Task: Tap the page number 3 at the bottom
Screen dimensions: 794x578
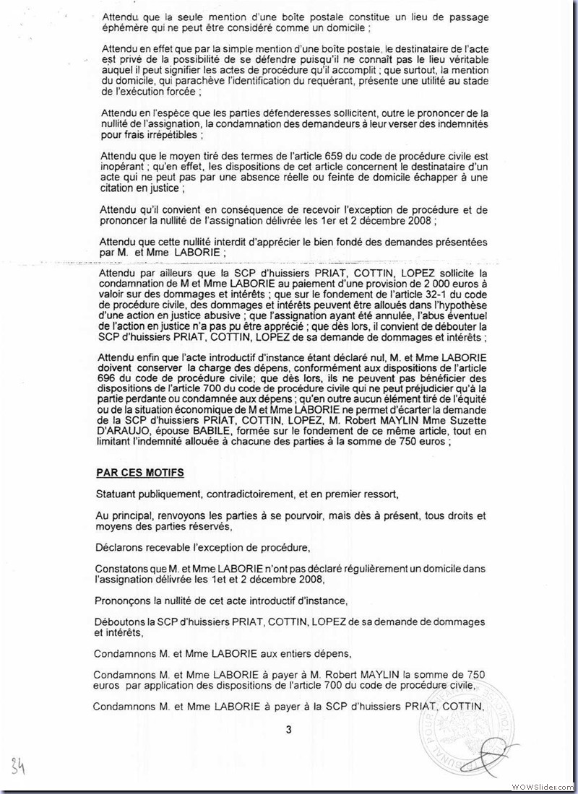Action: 288,729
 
